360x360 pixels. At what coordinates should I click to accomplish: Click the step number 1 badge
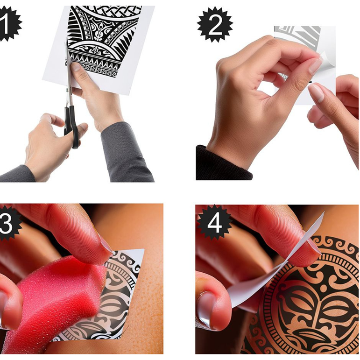tap(9, 24)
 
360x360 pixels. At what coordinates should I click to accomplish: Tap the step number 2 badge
tap(215, 25)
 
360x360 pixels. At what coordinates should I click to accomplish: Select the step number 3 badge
tap(9, 223)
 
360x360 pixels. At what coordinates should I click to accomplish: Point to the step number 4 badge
tap(214, 222)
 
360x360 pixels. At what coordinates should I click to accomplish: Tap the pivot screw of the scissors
tap(67, 89)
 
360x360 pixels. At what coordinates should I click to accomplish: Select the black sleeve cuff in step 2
tap(223, 163)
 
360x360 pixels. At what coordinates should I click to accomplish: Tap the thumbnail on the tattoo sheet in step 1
tap(75, 67)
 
